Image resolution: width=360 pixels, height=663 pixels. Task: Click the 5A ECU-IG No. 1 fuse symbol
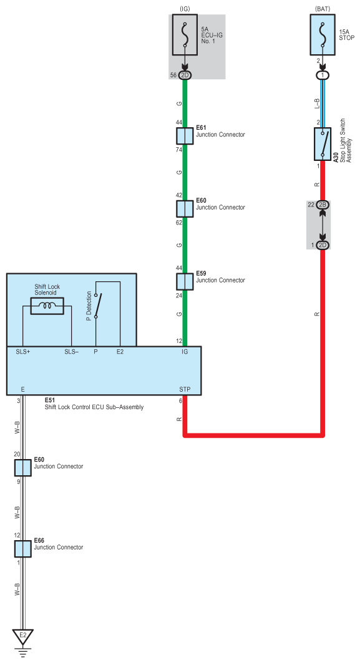[x=185, y=35]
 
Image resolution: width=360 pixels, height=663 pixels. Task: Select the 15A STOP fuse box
[x=323, y=35]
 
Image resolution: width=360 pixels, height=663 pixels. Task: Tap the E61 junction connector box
[x=185, y=136]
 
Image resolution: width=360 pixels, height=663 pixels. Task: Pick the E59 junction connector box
[x=185, y=281]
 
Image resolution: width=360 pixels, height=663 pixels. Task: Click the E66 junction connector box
[x=23, y=549]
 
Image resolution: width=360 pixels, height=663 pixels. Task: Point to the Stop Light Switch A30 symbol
[x=323, y=144]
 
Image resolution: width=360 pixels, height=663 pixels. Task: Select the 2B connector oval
[x=323, y=205]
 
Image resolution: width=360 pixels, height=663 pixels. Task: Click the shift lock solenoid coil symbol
[x=47, y=306]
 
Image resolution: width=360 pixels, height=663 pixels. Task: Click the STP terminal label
[x=185, y=389]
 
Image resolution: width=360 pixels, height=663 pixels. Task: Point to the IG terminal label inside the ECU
[x=185, y=352]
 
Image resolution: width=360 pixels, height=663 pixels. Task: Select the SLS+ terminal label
[x=23, y=352]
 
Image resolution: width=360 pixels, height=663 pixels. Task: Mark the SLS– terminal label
[x=72, y=352]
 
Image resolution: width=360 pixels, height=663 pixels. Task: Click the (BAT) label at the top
[x=323, y=9]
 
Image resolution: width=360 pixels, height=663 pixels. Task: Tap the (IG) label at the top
[x=185, y=9]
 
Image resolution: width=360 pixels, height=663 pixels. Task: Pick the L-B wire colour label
[x=317, y=102]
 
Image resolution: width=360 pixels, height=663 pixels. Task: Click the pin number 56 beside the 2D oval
[x=173, y=75]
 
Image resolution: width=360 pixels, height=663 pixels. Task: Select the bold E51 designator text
[x=50, y=400]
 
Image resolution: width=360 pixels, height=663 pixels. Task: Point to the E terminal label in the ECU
[x=23, y=389]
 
